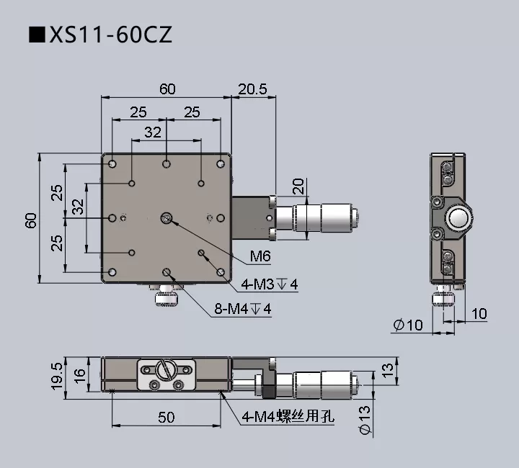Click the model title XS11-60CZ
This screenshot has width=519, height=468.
pyautogui.click(x=110, y=35)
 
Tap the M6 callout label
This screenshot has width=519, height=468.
pyautogui.click(x=259, y=256)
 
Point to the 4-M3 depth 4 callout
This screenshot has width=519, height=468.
pyautogui.click(x=270, y=284)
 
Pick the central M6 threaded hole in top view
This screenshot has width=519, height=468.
pyautogui.click(x=167, y=217)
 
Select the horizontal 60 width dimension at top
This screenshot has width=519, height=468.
pyautogui.click(x=167, y=89)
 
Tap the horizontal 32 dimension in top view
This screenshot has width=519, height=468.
pyautogui.click(x=153, y=132)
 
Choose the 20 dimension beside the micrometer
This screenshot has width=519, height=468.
pyautogui.click(x=298, y=186)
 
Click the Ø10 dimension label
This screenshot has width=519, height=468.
pyautogui.click(x=408, y=325)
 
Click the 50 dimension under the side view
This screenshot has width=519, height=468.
pyautogui.click(x=167, y=417)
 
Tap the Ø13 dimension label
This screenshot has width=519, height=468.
pyautogui.click(x=365, y=420)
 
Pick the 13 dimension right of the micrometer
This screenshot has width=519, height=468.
pyautogui.click(x=387, y=371)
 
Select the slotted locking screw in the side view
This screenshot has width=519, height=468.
pyautogui.click(x=167, y=371)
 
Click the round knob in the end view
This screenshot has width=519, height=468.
pyautogui.click(x=458, y=217)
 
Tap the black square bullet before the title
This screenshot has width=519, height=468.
pyautogui.click(x=35, y=35)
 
